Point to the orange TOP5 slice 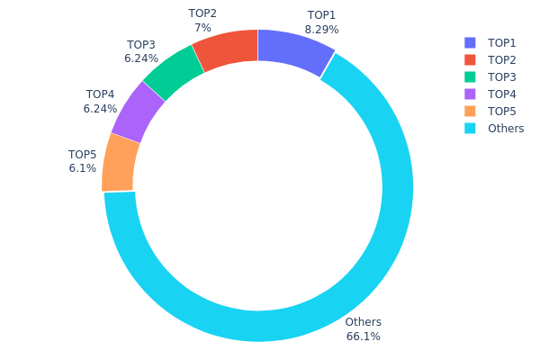pyautogui.click(x=121, y=163)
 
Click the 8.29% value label pyautogui.click(x=321, y=30)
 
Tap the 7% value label pyautogui.click(x=202, y=28)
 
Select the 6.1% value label pyautogui.click(x=82, y=168)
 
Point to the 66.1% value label pyautogui.click(x=363, y=337)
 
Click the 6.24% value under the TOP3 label pyautogui.click(x=141, y=58)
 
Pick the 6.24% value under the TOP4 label pyautogui.click(x=100, y=108)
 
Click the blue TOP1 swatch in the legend pyautogui.click(x=470, y=43)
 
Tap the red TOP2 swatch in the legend pyautogui.click(x=470, y=60)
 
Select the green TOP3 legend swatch pyautogui.click(x=470, y=77)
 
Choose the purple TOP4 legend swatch pyautogui.click(x=470, y=94)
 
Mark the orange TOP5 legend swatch pyautogui.click(x=470, y=112)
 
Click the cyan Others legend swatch pyautogui.click(x=470, y=129)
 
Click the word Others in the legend pyautogui.click(x=506, y=129)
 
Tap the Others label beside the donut pyautogui.click(x=363, y=322)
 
